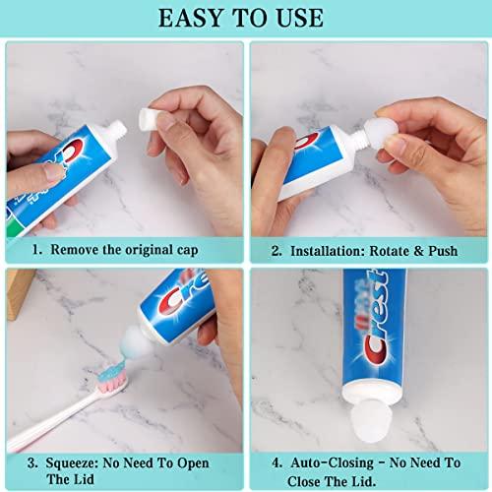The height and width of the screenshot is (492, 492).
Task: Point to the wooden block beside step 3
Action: (x=11, y=295)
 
